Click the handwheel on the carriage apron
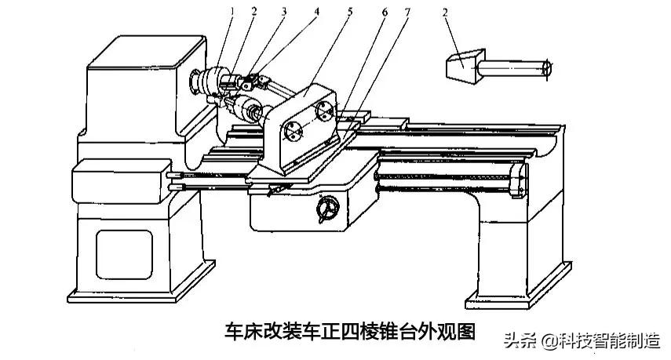point(326,209)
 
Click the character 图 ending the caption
point(466,331)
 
